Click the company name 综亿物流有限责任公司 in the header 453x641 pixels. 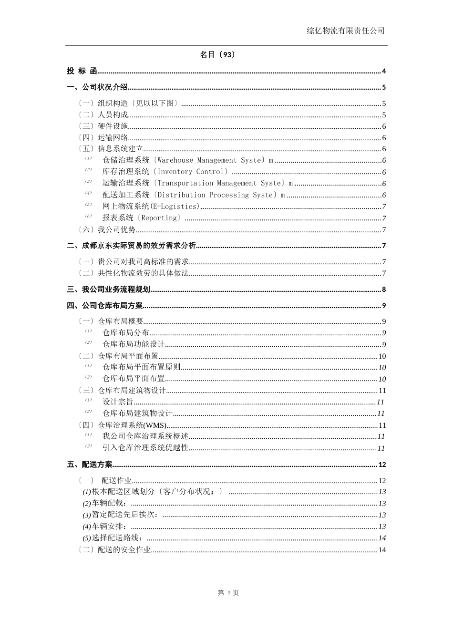point(345,31)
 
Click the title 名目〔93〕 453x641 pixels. point(217,55)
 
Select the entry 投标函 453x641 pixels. point(82,71)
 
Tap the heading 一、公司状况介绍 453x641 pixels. point(97,87)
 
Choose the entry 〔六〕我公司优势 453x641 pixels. point(107,230)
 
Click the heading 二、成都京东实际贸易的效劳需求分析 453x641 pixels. point(132,246)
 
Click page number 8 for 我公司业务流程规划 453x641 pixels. point(384,289)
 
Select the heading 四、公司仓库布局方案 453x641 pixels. point(105,306)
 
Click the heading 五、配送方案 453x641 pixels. point(90,465)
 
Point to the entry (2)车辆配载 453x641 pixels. point(104,504)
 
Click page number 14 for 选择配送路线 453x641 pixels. point(382,538)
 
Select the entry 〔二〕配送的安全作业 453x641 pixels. point(115,550)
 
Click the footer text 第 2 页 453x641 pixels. point(228,593)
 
